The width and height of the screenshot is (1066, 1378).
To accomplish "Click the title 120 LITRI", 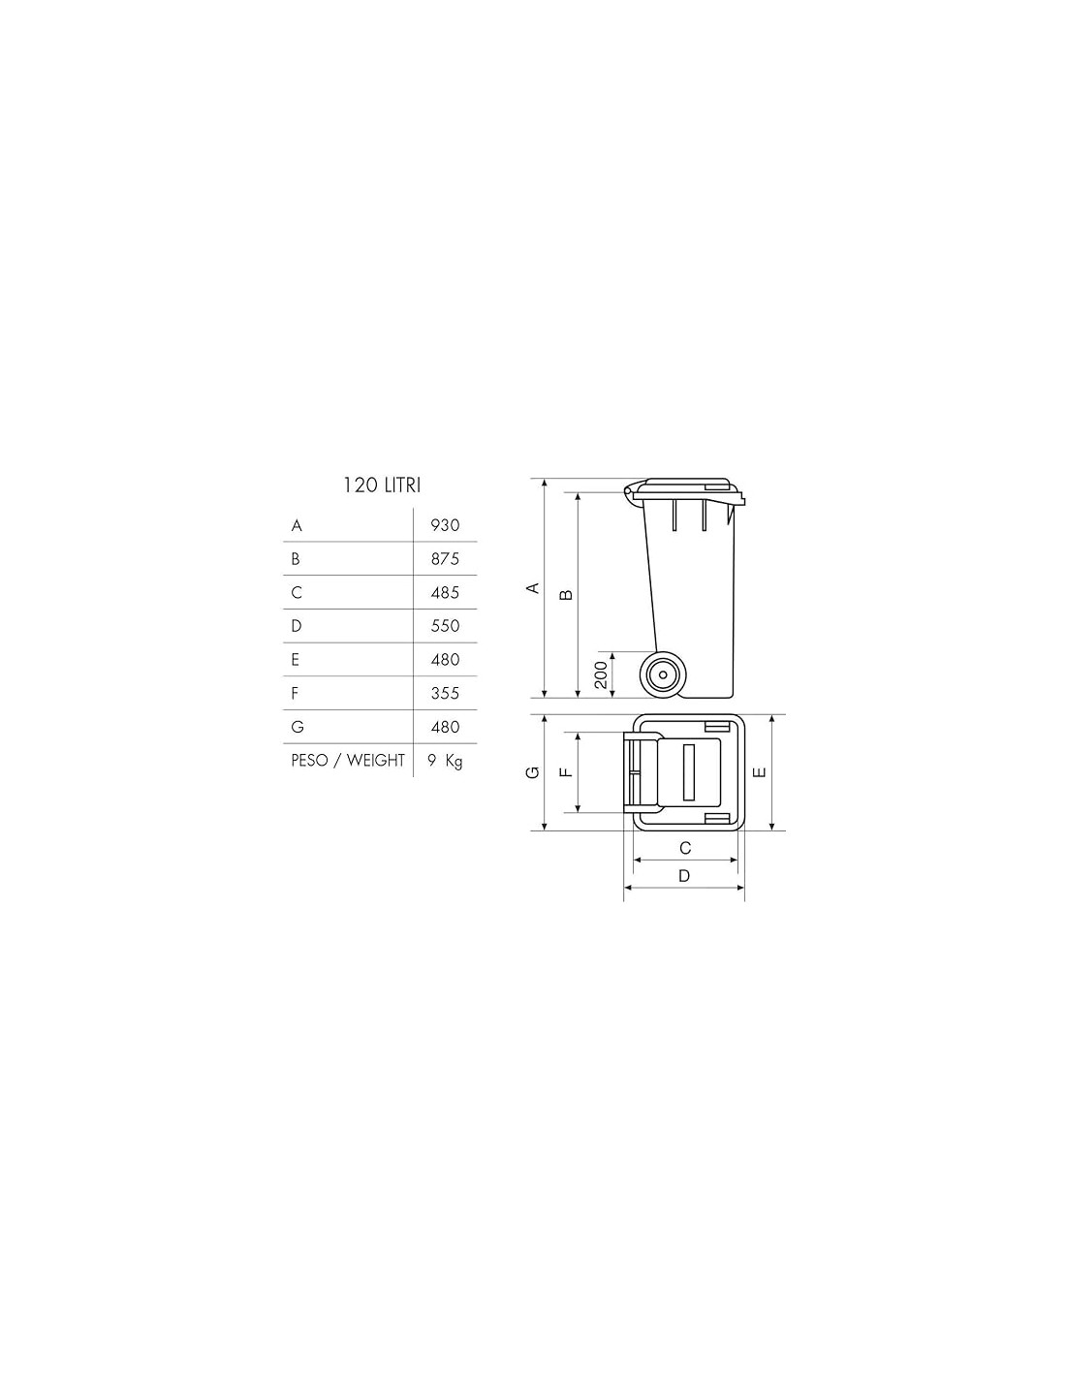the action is click(x=381, y=485).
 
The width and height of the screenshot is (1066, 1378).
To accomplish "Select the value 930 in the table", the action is click(x=445, y=525).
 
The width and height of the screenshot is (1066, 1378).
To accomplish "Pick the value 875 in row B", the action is click(x=445, y=559).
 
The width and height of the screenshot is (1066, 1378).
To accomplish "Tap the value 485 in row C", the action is click(x=445, y=592).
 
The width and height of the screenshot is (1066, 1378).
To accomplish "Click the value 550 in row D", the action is click(x=445, y=626).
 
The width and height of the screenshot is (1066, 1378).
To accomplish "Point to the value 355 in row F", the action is click(x=445, y=693).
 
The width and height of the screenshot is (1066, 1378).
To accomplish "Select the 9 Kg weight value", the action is click(x=445, y=761).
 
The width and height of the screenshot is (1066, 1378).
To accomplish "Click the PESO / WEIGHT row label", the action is click(x=348, y=760).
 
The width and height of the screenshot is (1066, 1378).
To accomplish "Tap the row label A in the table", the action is click(x=297, y=525).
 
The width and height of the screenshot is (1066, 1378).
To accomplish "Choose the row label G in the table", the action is click(x=297, y=727).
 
